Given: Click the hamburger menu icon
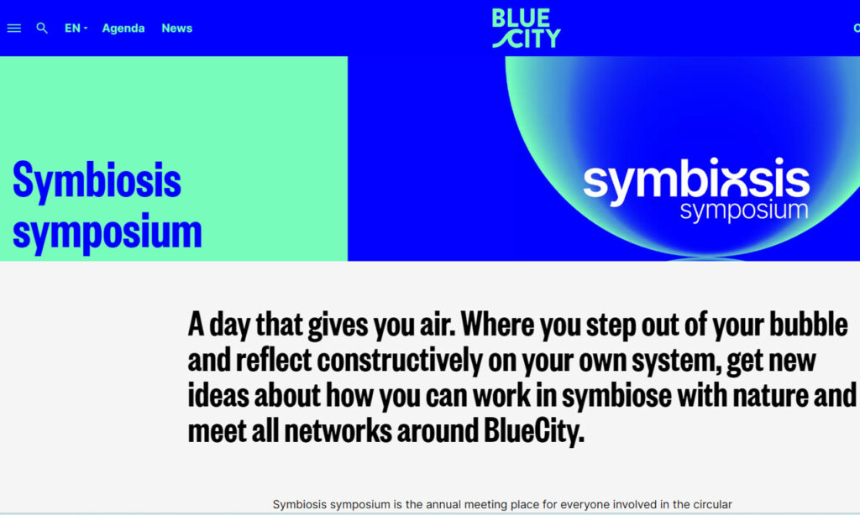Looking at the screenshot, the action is pos(13,28).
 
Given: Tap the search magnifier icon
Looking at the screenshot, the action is pos(42,28).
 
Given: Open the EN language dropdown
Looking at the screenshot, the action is pos(76,28).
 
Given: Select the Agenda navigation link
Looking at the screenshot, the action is pos(123,29).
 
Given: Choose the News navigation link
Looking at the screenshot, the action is pos(176,28).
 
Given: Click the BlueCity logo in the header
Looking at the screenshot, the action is pos(526,28).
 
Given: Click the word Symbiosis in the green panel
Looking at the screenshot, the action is pos(97,180).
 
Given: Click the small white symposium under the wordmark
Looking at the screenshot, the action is pos(744,211).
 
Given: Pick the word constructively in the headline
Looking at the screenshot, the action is pos(400,360).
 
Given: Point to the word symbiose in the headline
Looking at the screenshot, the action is pos(616,396).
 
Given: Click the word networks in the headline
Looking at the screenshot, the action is pos(338,430).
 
